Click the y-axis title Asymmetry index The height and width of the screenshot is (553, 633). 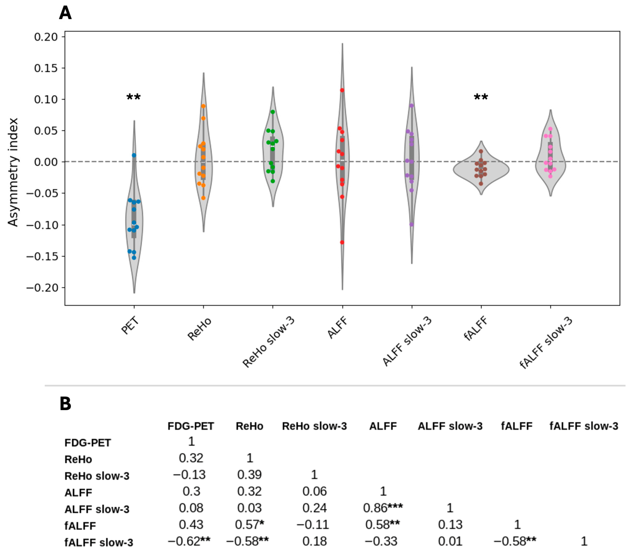coord(13,172)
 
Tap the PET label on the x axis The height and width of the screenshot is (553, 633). coord(130,326)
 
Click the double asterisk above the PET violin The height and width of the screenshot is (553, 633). coord(134,97)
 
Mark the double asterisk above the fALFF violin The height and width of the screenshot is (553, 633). coord(481,97)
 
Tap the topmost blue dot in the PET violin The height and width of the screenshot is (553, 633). coord(134,155)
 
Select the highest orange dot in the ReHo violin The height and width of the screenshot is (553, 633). coord(203,106)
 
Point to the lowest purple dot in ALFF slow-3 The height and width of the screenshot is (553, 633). coord(412,224)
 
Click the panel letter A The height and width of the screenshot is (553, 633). coord(66,13)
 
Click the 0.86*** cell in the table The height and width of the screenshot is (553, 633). coord(383,508)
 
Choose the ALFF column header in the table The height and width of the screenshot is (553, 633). coord(383,426)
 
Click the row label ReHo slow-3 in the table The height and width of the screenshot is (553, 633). coord(97,476)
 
